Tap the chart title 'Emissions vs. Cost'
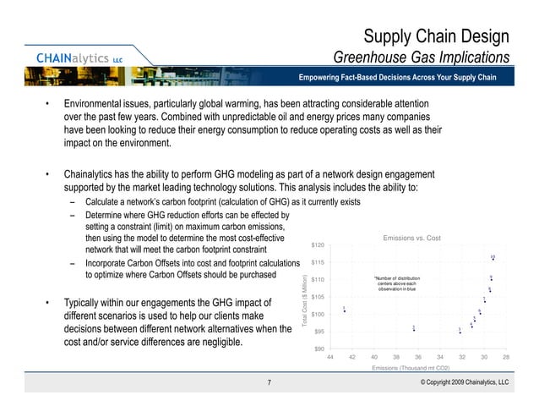tap(412, 239)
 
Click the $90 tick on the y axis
tap(321, 349)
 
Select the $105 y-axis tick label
tap(319, 297)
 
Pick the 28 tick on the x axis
tap(505, 359)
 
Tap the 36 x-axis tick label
tap(417, 359)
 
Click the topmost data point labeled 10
tap(493, 260)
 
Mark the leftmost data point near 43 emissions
tap(344, 311)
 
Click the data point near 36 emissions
tap(414, 330)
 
